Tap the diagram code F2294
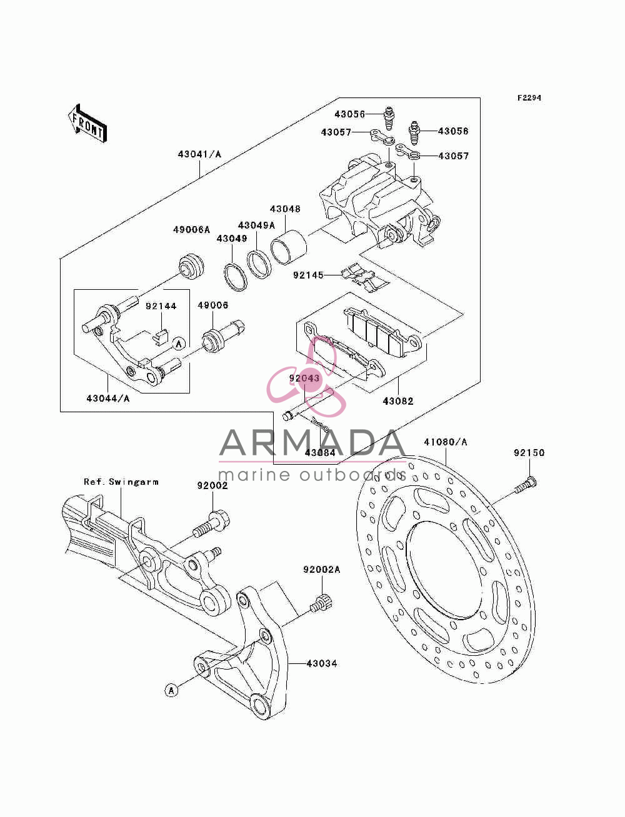pyautogui.click(x=529, y=98)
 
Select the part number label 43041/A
pyautogui.click(x=199, y=154)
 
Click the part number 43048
pyautogui.click(x=285, y=209)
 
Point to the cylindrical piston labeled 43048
pyautogui.click(x=288, y=247)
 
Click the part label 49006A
pyautogui.click(x=191, y=230)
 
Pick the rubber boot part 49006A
pyautogui.click(x=192, y=265)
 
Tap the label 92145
pyautogui.click(x=308, y=275)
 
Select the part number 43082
pyautogui.click(x=398, y=401)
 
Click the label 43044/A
pyautogui.click(x=108, y=399)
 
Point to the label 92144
pyautogui.click(x=161, y=306)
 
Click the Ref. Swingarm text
pyautogui.click(x=121, y=482)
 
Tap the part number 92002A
pyautogui.click(x=322, y=570)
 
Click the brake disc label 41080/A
pyautogui.click(x=446, y=442)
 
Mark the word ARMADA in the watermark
pyautogui.click(x=312, y=443)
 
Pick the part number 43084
pyautogui.click(x=320, y=453)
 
